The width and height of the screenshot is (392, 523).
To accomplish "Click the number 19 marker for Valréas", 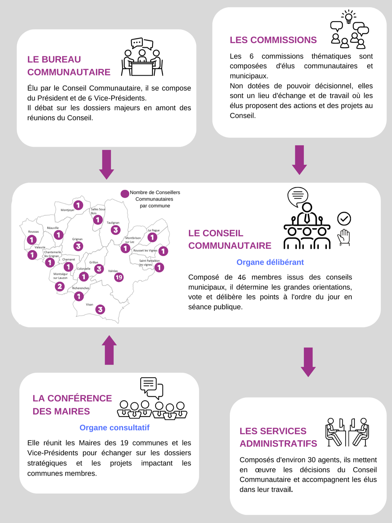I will (x=119, y=277).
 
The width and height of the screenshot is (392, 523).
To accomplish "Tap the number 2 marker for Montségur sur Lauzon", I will (x=60, y=286).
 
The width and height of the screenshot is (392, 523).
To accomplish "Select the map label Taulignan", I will (x=113, y=223).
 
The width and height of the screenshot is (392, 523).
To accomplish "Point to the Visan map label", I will (x=89, y=305).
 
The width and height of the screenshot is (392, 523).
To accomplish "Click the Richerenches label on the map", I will (x=81, y=288).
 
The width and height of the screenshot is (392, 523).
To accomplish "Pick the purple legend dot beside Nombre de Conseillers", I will (x=125, y=194).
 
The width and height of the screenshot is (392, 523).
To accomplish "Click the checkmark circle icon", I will (x=344, y=219).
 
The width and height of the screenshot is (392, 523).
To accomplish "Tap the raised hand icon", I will (x=344, y=237).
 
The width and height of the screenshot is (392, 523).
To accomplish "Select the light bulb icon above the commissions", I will (x=349, y=16).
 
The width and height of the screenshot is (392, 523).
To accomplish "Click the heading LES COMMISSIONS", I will (x=273, y=40).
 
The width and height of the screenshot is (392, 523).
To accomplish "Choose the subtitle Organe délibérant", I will (x=270, y=262).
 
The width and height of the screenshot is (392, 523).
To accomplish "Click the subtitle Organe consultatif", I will (x=114, y=428).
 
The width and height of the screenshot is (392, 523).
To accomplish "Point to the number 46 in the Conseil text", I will (x=242, y=277).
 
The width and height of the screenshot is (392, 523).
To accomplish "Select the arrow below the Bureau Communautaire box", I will (x=107, y=164).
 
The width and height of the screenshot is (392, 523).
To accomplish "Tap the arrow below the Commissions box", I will (x=299, y=160).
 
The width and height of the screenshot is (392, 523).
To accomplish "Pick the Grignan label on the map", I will (x=77, y=239).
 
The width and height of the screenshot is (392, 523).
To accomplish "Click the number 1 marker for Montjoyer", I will (x=78, y=205).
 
